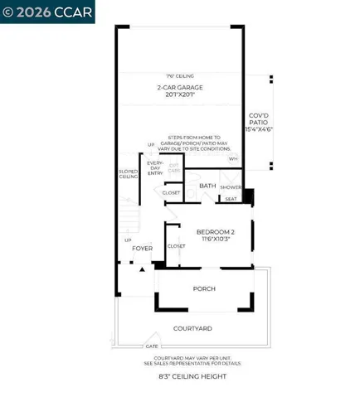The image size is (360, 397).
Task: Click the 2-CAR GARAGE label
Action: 180,86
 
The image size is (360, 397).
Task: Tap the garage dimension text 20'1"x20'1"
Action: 180,94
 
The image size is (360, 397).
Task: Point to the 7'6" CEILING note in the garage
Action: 180,75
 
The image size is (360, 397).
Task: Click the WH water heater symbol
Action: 233,158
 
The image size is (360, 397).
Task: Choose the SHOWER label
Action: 231,187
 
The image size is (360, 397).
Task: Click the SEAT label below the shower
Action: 231,199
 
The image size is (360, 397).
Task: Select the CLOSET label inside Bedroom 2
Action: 177,246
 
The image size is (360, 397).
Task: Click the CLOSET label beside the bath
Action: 171,192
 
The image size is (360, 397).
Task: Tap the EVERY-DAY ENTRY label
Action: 155,168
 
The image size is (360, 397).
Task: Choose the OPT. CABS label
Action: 175,167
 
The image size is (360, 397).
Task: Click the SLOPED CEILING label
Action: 129,174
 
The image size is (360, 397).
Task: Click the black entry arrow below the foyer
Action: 142,269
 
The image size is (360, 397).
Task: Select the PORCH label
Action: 204,288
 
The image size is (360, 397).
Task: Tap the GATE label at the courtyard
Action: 152,346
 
